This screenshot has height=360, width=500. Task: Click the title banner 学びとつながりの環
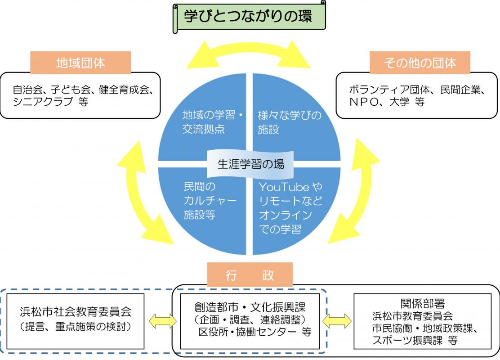(248, 17)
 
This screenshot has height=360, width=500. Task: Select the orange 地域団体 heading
(80, 63)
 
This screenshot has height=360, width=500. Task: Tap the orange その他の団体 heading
(420, 63)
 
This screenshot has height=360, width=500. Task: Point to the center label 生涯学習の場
(250, 164)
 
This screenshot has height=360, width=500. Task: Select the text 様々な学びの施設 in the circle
(289, 122)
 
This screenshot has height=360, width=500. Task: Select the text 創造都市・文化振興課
(250, 308)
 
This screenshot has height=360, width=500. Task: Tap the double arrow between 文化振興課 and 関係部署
(336, 321)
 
